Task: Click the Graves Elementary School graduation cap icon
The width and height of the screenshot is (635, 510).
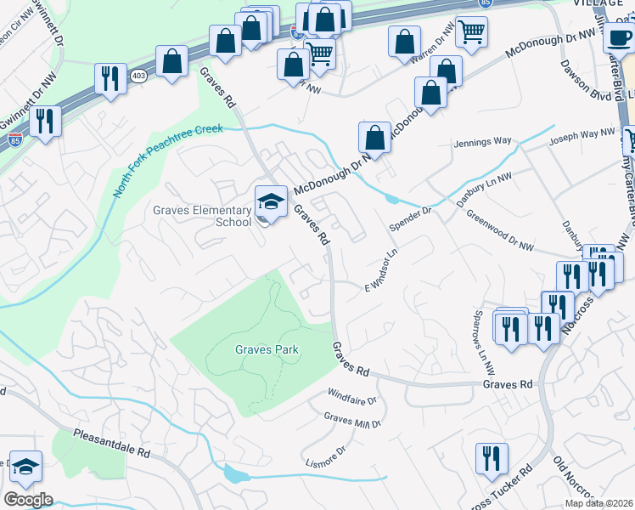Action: pyautogui.click(x=271, y=202)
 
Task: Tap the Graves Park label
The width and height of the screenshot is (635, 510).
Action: pyautogui.click(x=259, y=349)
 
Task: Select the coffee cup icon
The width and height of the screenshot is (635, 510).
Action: pyautogui.click(x=619, y=37)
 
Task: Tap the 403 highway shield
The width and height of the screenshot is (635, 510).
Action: pyautogui.click(x=138, y=76)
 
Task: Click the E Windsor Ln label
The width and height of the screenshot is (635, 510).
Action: pyautogui.click(x=381, y=272)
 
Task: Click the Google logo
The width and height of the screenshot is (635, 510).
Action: pyautogui.click(x=28, y=500)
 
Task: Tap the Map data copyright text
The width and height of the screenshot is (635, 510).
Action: pyautogui.click(x=599, y=503)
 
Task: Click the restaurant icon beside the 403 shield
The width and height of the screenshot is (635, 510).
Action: pyautogui.click(x=110, y=80)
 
